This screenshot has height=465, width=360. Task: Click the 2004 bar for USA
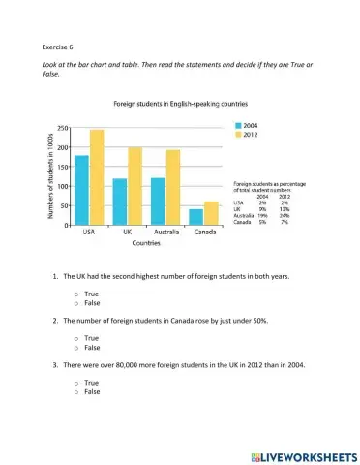(81, 190)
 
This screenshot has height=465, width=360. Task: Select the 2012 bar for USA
(96, 177)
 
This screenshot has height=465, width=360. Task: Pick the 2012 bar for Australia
(172, 187)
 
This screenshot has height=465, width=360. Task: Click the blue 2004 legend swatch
(238, 126)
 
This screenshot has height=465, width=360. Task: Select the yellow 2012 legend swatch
(238, 135)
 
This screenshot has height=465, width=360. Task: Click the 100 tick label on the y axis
(61, 186)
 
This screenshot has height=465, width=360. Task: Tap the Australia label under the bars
(165, 233)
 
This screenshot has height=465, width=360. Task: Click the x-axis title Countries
(146, 244)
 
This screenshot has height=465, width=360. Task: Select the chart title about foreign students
(165, 102)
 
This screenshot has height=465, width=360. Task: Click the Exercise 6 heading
(59, 46)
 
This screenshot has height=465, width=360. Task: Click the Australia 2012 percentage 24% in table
(284, 215)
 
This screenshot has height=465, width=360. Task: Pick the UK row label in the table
(236, 208)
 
